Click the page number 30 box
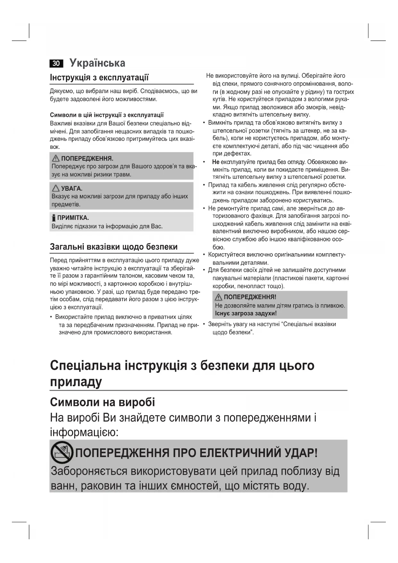[x=56, y=63]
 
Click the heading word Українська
[x=97, y=63]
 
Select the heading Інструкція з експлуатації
[x=99, y=77]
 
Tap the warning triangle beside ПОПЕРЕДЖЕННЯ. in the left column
[x=56, y=158]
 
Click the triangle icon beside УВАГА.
[x=56, y=188]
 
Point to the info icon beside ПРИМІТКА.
[x=54, y=218]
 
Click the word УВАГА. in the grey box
[x=72, y=188]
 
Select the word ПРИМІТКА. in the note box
[x=73, y=218]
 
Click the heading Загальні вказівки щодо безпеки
[x=114, y=247]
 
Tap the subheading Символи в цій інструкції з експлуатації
[x=107, y=115]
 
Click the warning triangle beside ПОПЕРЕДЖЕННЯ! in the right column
[x=218, y=297]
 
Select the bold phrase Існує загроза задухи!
[x=246, y=313]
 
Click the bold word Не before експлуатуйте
[x=216, y=162]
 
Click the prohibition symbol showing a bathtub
[x=62, y=453]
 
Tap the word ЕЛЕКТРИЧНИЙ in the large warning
[x=240, y=453]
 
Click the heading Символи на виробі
[x=102, y=402]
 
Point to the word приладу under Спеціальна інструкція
[x=76, y=382]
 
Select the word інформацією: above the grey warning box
[x=84, y=432]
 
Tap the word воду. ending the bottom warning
[x=296, y=485]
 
